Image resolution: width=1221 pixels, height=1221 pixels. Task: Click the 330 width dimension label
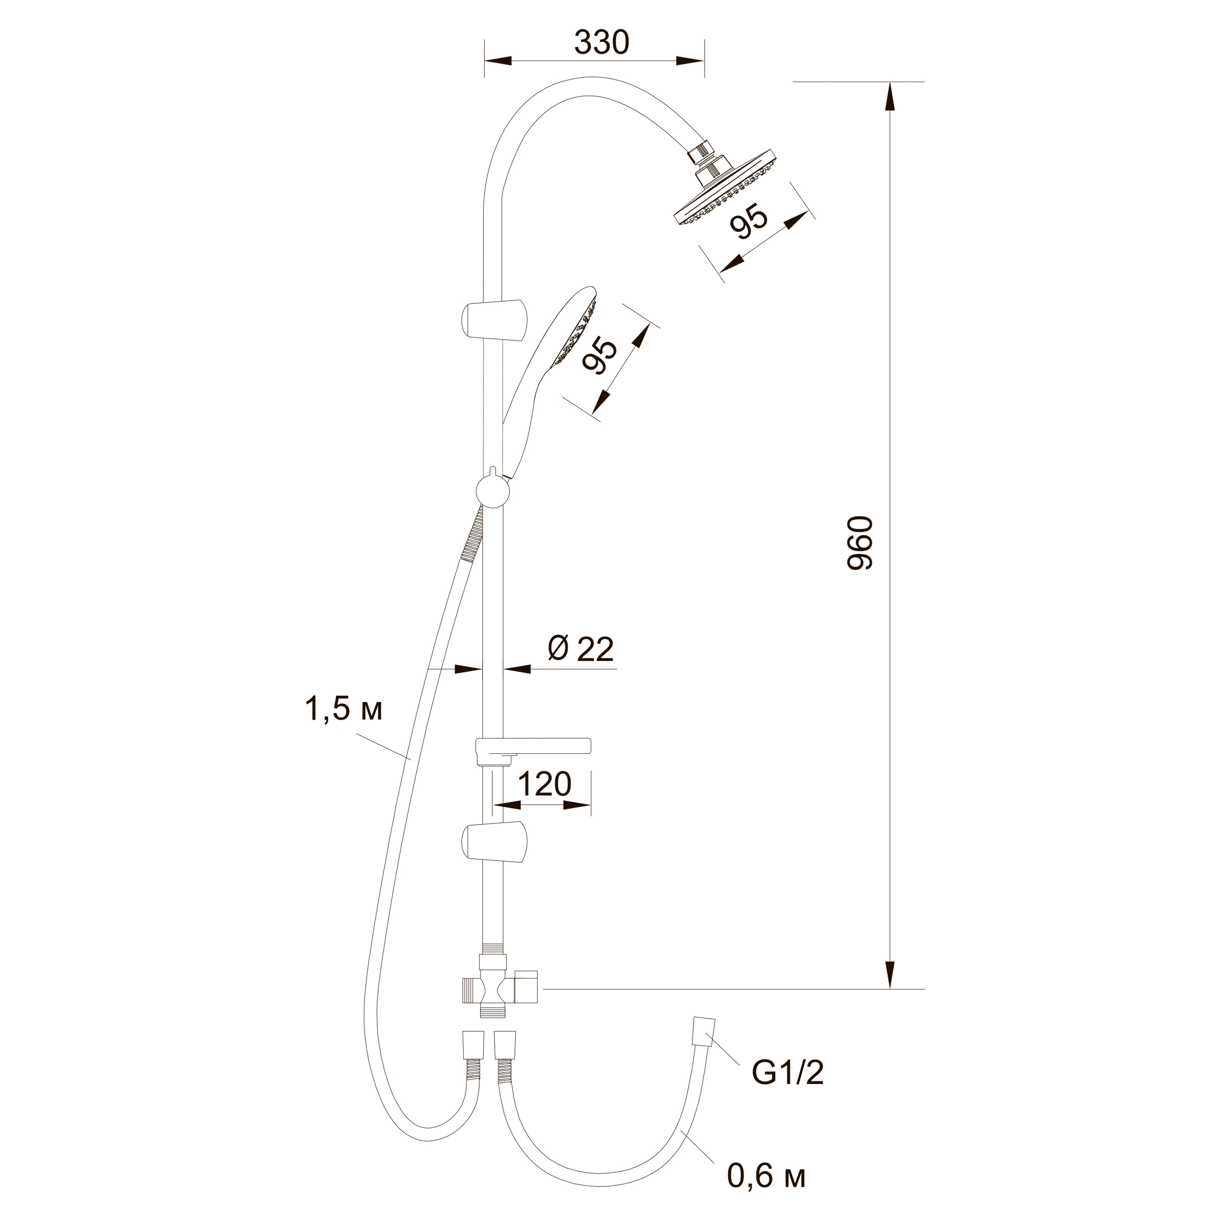(x=602, y=43)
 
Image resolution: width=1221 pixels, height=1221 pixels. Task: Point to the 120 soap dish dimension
(x=544, y=784)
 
